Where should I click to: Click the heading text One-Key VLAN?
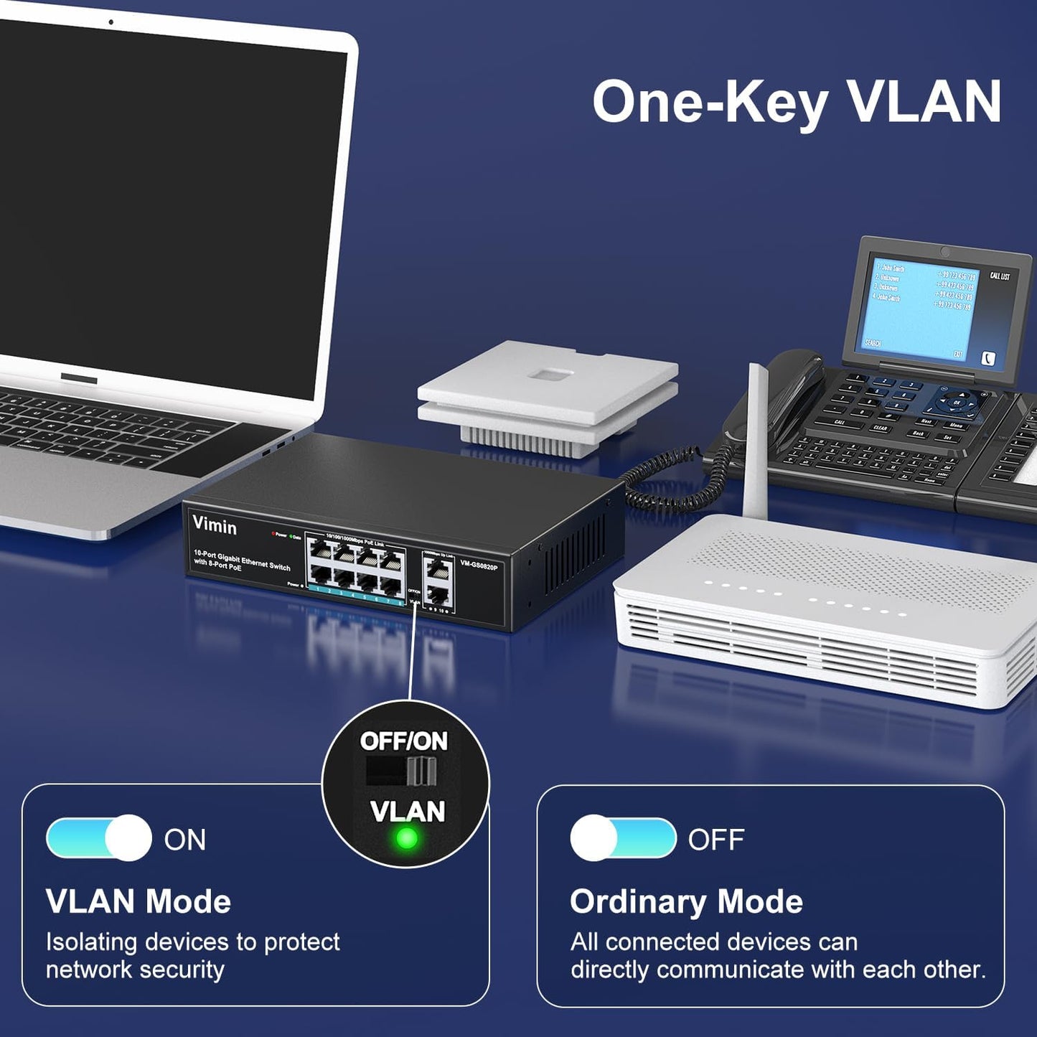[x=796, y=103]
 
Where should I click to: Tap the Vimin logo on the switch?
[x=214, y=525]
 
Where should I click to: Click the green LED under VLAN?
[x=407, y=837]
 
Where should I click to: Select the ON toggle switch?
[x=99, y=837]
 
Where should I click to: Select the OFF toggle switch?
[x=623, y=837]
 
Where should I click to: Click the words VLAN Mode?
[x=138, y=902]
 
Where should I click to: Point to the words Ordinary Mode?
[x=686, y=902]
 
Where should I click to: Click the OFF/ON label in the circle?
[x=403, y=741]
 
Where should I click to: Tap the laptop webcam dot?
[x=111, y=22]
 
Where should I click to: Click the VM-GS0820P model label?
[x=479, y=566]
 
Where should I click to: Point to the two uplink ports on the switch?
[x=438, y=581]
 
